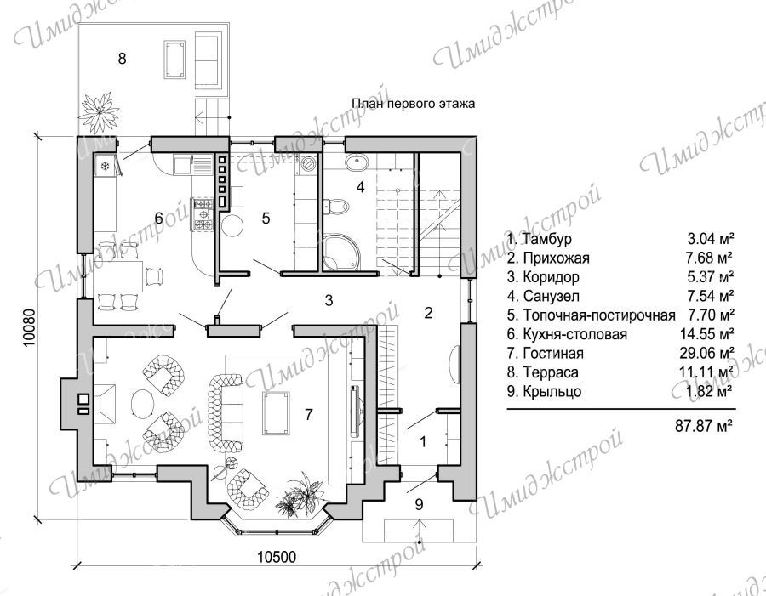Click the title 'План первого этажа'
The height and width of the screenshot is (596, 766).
[x=414, y=104]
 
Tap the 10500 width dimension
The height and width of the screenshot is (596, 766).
[x=277, y=556]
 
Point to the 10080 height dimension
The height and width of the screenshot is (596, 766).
[x=29, y=327]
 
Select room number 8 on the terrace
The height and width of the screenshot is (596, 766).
[x=122, y=59]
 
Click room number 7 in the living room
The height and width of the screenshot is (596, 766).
[x=308, y=414]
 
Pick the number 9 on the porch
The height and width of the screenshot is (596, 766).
[x=419, y=504]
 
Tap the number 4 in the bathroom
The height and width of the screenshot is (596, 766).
[x=360, y=187]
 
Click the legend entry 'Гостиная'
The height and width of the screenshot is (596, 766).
[x=553, y=353]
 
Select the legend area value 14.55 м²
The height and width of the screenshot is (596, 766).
[x=707, y=334]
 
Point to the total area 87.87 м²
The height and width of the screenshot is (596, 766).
[x=704, y=426]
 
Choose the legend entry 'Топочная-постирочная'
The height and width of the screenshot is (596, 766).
[x=599, y=315]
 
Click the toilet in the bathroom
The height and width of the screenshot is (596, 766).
[x=338, y=206]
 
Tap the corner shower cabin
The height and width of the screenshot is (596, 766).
[x=342, y=252]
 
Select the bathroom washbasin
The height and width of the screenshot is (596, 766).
[x=358, y=161]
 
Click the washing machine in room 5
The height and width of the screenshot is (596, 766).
[x=308, y=164]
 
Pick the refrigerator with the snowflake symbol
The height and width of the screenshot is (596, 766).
[x=106, y=166]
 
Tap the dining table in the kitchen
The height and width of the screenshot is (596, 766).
[x=118, y=276]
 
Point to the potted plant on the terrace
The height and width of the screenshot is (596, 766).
[x=100, y=111]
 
